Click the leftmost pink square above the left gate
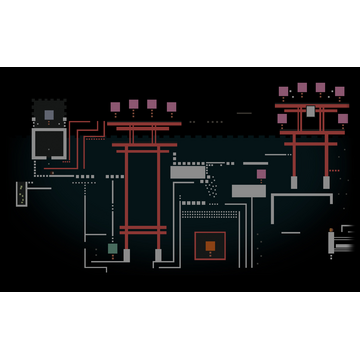[115, 107]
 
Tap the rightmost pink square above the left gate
[171, 107]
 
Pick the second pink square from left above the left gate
[133, 104]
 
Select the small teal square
[113, 248]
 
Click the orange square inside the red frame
[210, 246]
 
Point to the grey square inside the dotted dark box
[48, 115]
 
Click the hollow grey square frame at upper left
[48, 144]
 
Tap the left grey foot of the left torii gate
[126, 255]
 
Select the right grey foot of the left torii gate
[158, 255]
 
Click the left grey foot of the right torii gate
[294, 182]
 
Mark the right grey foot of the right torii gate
[326, 182]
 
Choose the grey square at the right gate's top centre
[311, 111]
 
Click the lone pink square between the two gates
[261, 174]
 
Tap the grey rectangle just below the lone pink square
[249, 190]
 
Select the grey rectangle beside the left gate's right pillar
[187, 172]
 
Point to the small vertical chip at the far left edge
[21, 193]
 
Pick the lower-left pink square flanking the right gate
[282, 119]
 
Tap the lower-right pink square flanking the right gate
[342, 119]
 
